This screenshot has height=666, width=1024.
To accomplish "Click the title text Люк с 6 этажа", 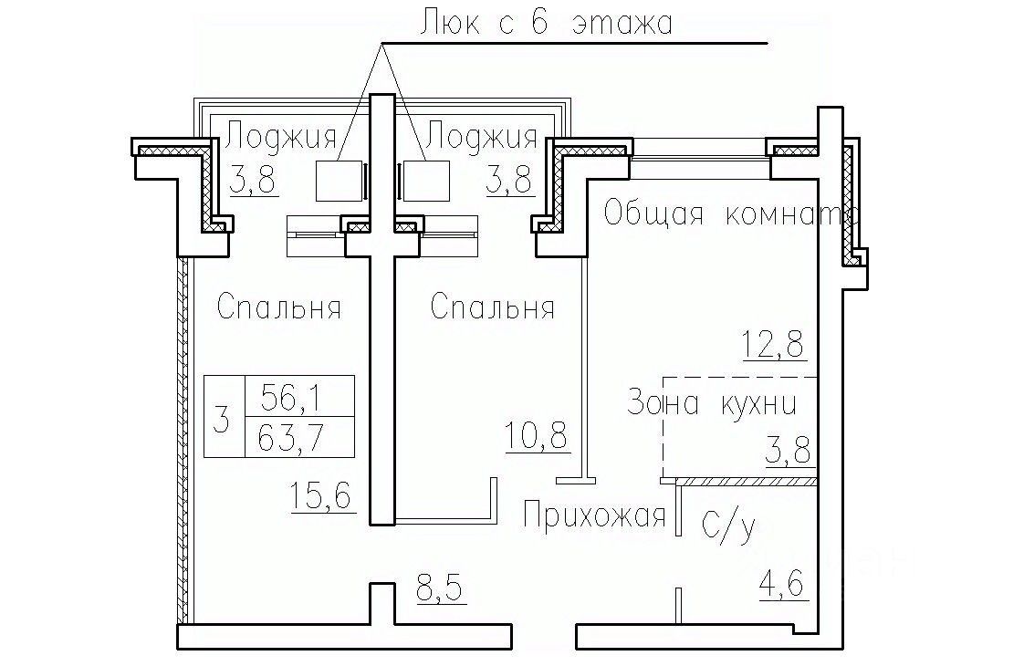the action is pos(546,23).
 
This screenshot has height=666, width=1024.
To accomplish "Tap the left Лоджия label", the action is pos(282,139).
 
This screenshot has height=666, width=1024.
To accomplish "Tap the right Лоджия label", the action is pos(482,139).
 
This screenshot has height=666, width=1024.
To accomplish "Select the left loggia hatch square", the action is pos(339,181).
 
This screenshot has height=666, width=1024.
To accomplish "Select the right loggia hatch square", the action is pos(426,181).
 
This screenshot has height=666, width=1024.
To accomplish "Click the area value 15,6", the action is pos(320,496).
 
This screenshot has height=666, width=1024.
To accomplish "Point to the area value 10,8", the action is pos(537,435).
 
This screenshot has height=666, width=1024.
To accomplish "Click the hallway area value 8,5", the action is pos(440,588).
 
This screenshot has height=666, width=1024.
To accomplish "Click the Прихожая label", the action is pos(594,515).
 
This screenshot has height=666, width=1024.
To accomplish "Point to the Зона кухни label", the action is pos(712,403).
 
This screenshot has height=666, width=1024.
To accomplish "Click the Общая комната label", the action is pos(730,213).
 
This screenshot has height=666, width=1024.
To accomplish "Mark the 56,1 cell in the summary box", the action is pos(291,396).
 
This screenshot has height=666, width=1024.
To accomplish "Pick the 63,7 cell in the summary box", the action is pos(291,437).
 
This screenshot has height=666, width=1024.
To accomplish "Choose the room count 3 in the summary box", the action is pos(222,419).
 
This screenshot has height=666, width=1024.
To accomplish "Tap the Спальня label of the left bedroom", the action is pos(279,307).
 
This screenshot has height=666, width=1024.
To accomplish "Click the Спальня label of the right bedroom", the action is pos(493,307).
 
